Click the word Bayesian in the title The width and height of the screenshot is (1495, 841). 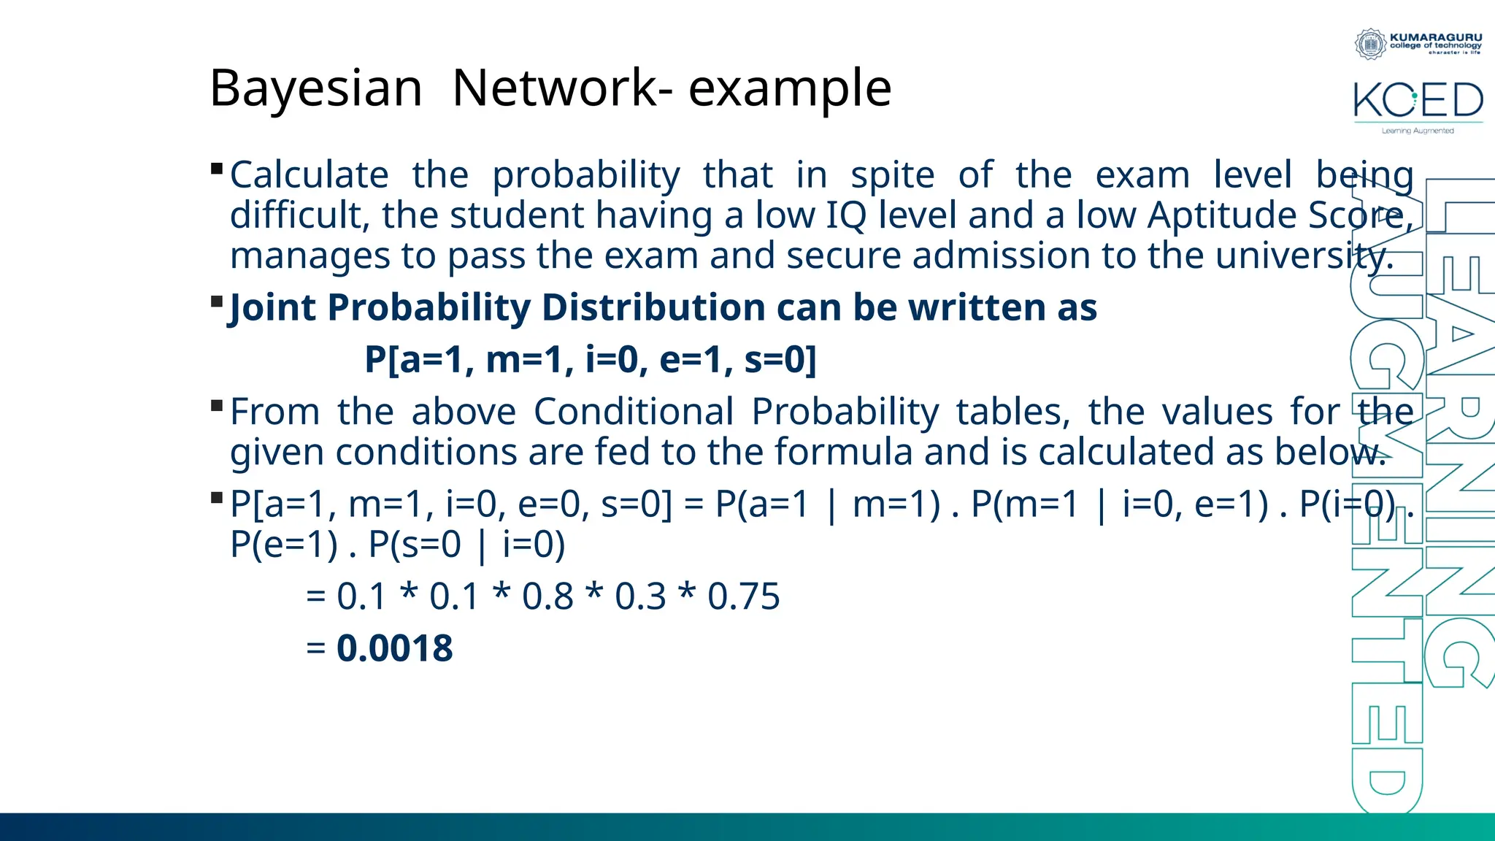[315, 88]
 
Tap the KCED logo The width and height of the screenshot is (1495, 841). [1418, 102]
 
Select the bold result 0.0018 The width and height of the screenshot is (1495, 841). [394, 648]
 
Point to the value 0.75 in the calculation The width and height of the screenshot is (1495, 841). [743, 596]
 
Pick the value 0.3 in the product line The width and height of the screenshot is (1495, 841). [640, 596]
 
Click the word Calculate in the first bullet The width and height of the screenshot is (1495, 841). [309, 175]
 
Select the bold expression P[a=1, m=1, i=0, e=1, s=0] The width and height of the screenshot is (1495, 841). [590, 359]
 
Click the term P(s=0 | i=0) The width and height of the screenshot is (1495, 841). [466, 545]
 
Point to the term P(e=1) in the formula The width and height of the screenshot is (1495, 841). [283, 545]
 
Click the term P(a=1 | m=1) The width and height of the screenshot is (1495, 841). [827, 504]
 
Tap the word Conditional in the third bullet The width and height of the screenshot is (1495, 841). [633, 412]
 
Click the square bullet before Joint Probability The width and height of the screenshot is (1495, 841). [216, 302]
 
